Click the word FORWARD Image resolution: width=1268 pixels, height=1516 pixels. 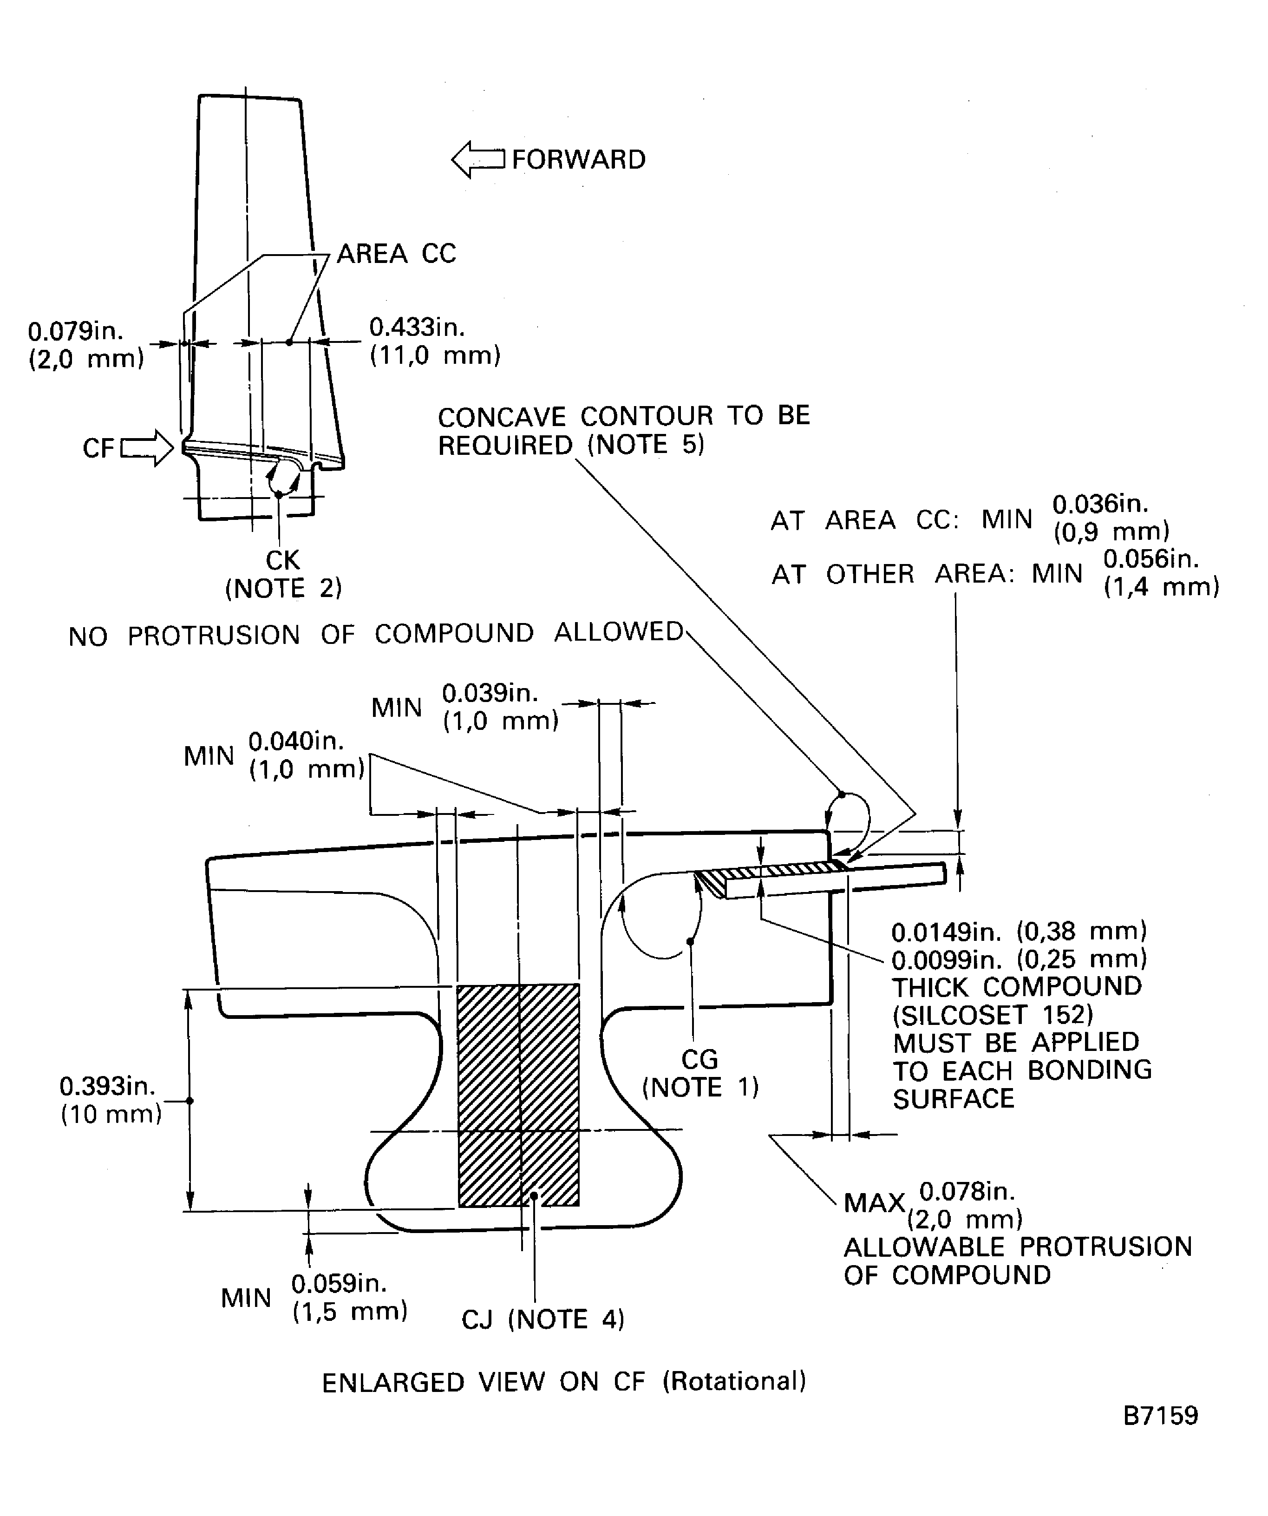tap(578, 159)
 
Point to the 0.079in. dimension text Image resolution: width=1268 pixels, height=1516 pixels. tap(76, 331)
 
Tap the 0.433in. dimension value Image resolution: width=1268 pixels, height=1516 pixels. tap(417, 327)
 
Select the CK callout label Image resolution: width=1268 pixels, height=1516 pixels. tap(282, 560)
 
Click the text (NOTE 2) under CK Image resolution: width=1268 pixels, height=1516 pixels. tap(284, 588)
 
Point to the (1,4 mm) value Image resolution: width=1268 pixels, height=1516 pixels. tap(1161, 587)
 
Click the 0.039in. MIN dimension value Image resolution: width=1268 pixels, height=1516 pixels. tap(490, 693)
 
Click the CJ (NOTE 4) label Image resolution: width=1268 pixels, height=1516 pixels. tap(542, 1319)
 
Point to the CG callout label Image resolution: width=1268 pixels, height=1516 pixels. tap(699, 1059)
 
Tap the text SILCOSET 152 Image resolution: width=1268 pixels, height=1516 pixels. tap(993, 1015)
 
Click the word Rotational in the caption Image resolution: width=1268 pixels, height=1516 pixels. tap(734, 1380)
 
